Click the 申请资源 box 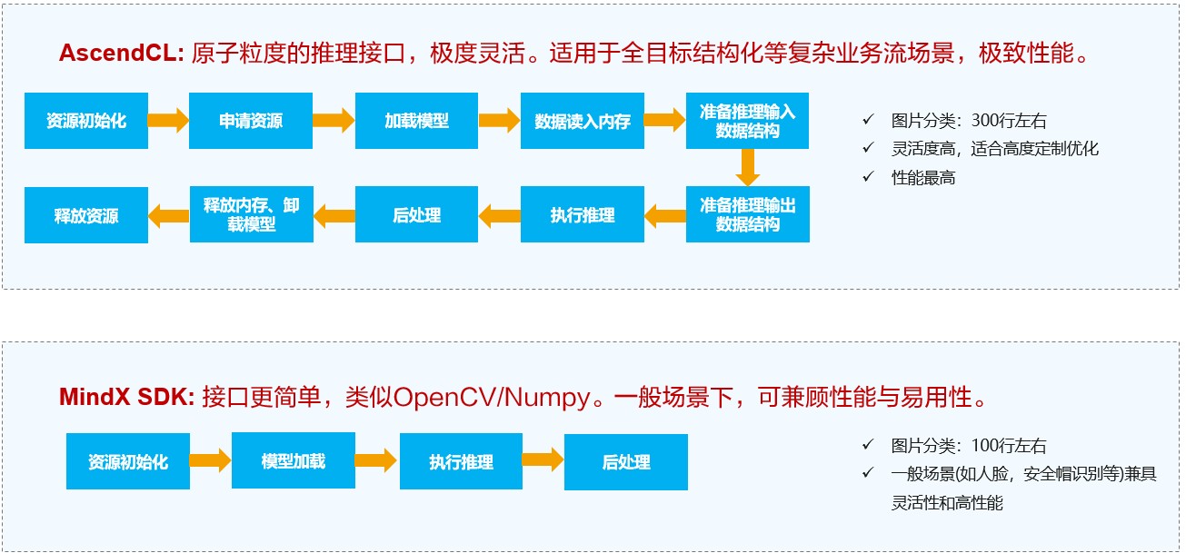(x=251, y=121)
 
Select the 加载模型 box (x=416, y=121)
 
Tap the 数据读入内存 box (x=583, y=121)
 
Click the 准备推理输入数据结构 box (x=747, y=121)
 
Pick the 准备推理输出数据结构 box (x=747, y=215)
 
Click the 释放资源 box (x=86, y=216)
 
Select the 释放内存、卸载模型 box (x=252, y=215)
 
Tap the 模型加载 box (x=293, y=461)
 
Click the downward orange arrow (x=748, y=167)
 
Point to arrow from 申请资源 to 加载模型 (x=334, y=120)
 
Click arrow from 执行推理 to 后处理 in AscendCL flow (x=499, y=216)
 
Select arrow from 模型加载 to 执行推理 (x=375, y=461)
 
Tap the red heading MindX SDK (x=126, y=397)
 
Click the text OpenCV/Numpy (x=491, y=397)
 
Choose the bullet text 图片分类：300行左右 (x=969, y=121)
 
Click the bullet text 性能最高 (x=923, y=178)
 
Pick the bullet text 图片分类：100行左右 (x=969, y=446)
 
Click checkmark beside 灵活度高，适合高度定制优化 (x=868, y=149)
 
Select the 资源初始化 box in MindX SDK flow (x=128, y=461)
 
